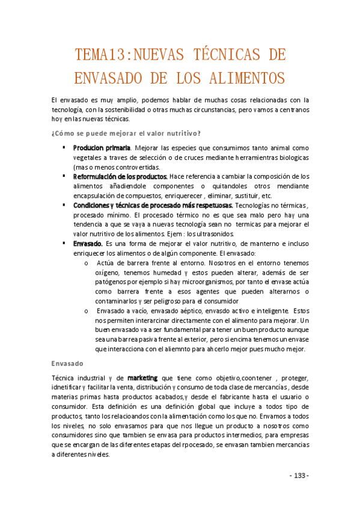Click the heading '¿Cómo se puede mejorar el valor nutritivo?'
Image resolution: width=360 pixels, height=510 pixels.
tap(126, 133)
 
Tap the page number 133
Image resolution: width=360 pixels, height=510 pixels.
tap(299, 476)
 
